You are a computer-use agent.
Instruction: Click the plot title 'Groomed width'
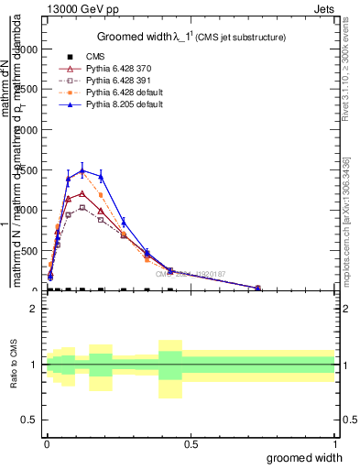[x=136, y=37]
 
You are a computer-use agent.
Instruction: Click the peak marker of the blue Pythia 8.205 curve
[x=82, y=170]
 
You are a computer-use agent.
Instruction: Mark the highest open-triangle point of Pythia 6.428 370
[x=82, y=193]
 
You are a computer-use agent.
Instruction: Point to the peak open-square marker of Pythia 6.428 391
[x=82, y=207]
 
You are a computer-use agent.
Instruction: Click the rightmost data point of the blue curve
[x=258, y=288]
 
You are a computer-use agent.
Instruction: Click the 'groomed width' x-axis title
[x=305, y=456]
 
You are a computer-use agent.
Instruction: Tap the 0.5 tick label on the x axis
[x=191, y=443]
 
